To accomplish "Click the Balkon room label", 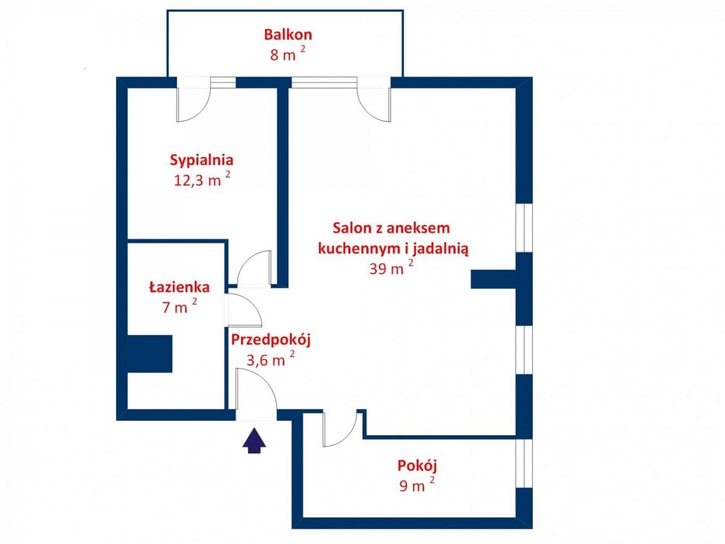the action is (x=288, y=34).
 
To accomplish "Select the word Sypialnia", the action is (x=201, y=160).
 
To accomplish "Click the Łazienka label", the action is (x=179, y=287).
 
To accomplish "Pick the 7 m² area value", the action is (x=179, y=306).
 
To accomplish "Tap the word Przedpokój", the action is (x=271, y=340).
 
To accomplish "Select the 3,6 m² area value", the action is (x=271, y=359).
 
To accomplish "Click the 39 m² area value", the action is (x=391, y=268).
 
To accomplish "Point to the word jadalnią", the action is (x=440, y=249).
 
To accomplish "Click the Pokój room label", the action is (x=417, y=465).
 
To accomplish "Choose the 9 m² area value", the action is (x=417, y=485).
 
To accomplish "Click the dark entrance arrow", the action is (x=254, y=440).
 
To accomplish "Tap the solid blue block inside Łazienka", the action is (x=150, y=354).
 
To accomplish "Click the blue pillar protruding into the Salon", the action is (x=493, y=279).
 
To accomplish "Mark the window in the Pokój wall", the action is (x=524, y=464).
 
